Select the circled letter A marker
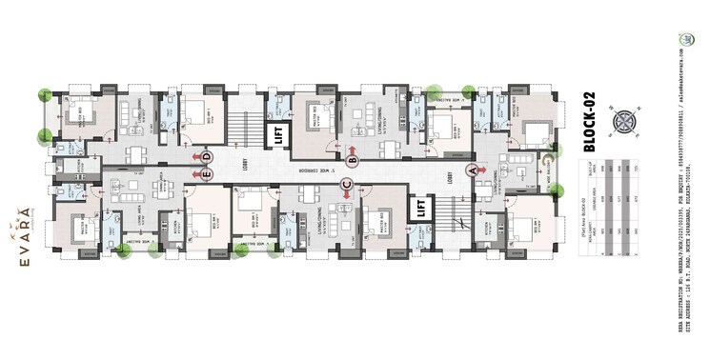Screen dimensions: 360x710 click(470, 170)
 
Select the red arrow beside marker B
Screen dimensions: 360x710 click(352, 150)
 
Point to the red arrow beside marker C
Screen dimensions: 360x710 click(346, 194)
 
